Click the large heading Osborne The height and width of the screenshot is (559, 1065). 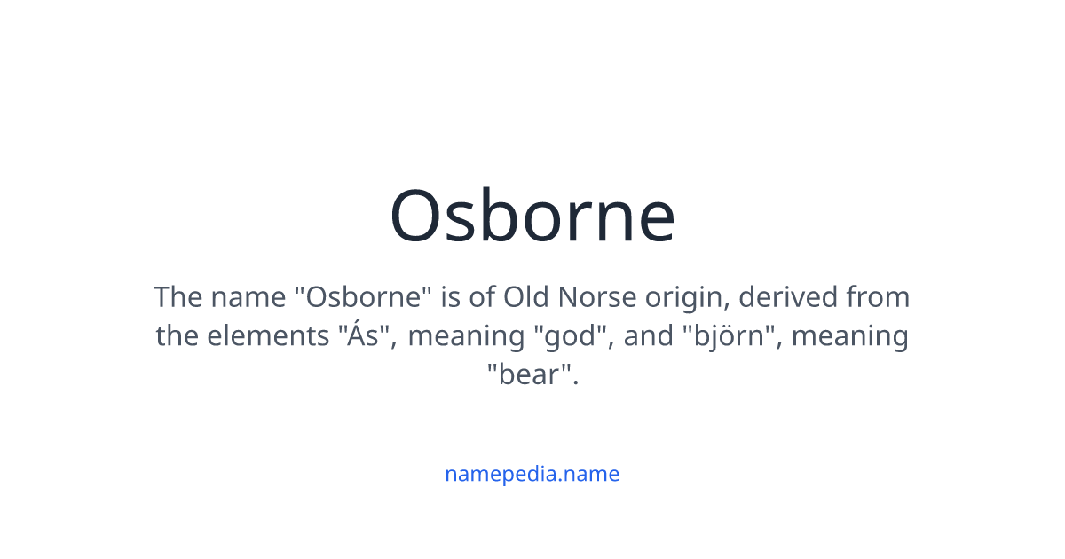[532, 217]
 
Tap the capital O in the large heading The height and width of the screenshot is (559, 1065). [418, 218]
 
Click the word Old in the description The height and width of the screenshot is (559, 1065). [525, 296]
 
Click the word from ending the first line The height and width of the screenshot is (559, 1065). [878, 296]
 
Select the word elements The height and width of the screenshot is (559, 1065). [272, 336]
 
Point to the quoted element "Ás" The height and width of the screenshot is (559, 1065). [366, 335]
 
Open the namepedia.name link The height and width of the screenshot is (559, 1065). [532, 474]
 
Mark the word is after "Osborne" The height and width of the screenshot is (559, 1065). [452, 296]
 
